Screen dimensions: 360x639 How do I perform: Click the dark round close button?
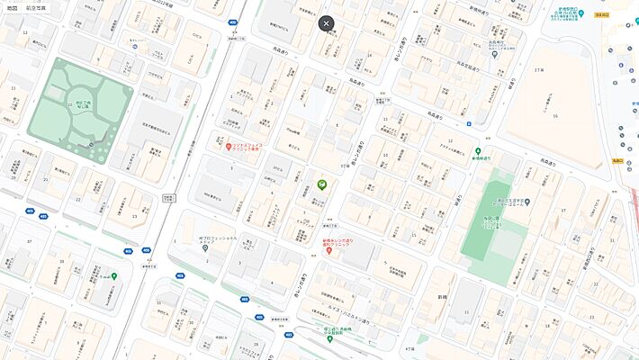[326, 23]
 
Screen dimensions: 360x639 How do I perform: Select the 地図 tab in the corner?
[12, 7]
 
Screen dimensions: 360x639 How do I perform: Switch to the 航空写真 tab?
[37, 7]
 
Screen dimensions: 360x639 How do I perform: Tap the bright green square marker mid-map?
[321, 184]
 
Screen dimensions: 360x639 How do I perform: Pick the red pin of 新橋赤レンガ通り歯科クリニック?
[329, 251]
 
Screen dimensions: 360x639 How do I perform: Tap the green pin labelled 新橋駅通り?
[478, 152]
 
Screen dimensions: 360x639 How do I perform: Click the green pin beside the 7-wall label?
[114, 276]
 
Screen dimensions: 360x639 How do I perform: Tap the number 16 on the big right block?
[555, 116]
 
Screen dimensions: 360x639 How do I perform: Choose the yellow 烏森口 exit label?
[618, 160]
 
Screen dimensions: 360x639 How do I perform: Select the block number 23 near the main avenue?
[135, 216]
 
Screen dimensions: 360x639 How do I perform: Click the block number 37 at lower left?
[30, 241]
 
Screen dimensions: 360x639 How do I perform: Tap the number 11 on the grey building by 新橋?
[466, 311]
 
